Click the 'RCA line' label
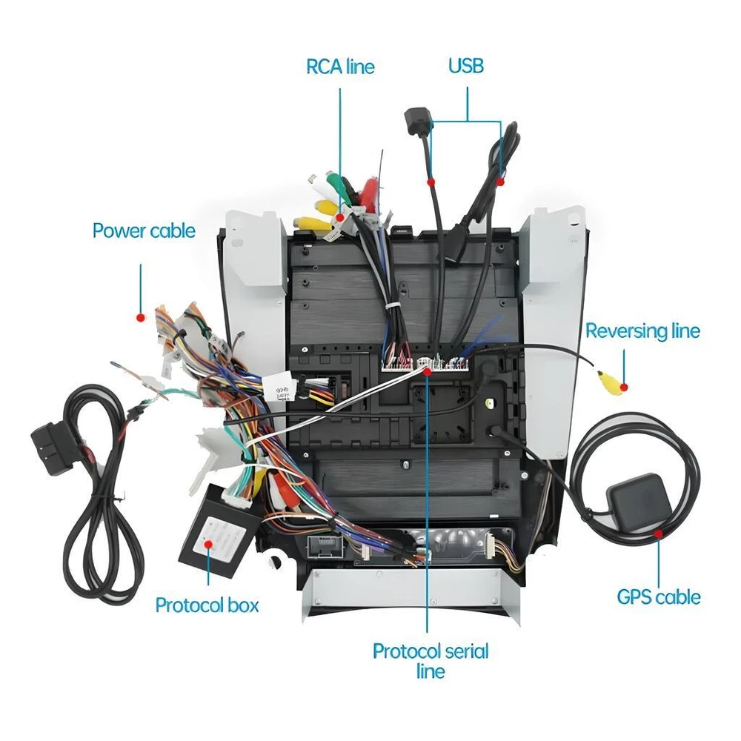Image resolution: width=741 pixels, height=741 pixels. pyautogui.click(x=340, y=67)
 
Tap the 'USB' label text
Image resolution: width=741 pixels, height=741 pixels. pyautogui.click(x=466, y=66)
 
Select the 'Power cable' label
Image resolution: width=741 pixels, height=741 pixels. pyautogui.click(x=144, y=230)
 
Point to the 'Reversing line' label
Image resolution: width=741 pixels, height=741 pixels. pyautogui.click(x=642, y=330)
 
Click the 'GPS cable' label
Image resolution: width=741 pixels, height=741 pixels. pyautogui.click(x=659, y=597)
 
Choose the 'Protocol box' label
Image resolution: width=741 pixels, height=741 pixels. pyautogui.click(x=207, y=605)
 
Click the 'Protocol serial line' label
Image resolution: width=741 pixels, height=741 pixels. pyautogui.click(x=431, y=661)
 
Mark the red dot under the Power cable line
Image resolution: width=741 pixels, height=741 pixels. pyautogui.click(x=140, y=318)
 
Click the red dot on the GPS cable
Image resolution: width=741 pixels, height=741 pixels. pyautogui.click(x=658, y=534)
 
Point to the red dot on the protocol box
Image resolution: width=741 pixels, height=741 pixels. pyautogui.click(x=208, y=544)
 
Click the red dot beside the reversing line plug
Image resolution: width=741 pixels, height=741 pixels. pyautogui.click(x=624, y=388)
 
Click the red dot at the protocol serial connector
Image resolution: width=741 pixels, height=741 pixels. pyautogui.click(x=428, y=371)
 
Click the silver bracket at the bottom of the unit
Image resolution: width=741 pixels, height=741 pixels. pyautogui.click(x=411, y=597)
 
